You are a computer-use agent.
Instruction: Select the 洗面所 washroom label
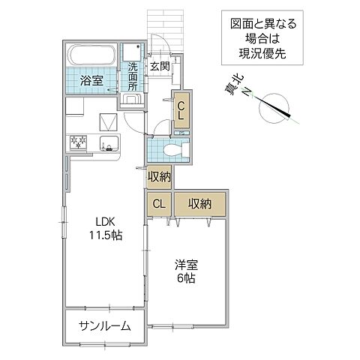click(133, 76)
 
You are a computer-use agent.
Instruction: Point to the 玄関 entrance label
click(158, 67)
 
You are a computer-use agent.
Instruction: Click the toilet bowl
click(172, 149)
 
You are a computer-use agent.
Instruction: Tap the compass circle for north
click(272, 109)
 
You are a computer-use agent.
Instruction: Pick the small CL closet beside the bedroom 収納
click(159, 204)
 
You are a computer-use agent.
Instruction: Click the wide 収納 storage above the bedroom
click(199, 204)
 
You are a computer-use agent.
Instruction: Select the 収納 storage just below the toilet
click(159, 177)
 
